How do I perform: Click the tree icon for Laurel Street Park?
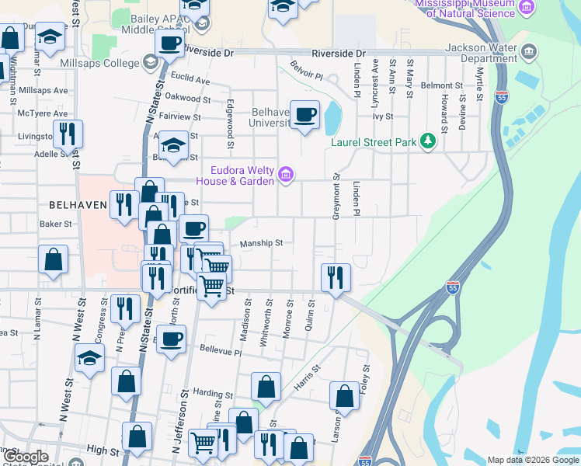(x=426, y=141)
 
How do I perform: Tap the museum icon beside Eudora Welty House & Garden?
(x=286, y=175)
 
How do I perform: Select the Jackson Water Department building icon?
(x=530, y=53)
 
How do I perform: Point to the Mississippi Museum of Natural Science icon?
(x=527, y=7)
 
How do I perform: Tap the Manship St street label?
(x=260, y=243)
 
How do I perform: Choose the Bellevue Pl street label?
(x=221, y=351)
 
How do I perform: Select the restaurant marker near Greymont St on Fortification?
(x=336, y=276)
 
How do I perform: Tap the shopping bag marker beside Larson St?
(x=344, y=396)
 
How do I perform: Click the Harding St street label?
(x=214, y=395)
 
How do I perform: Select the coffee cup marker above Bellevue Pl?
(x=172, y=338)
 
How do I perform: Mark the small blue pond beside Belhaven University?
(x=333, y=116)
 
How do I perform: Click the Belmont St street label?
(x=441, y=85)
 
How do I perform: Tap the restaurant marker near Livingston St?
(x=68, y=134)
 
